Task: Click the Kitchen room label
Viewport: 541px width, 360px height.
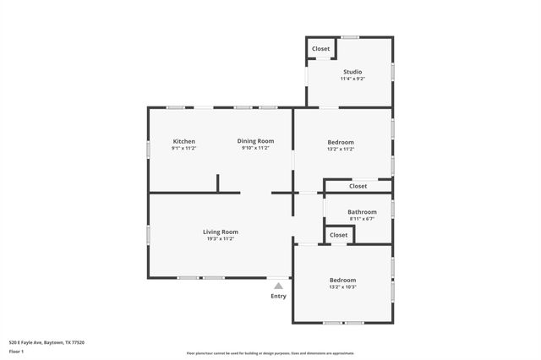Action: click(184, 141)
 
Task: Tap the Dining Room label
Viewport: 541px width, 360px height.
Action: click(255, 141)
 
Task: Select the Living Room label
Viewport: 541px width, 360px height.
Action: click(220, 232)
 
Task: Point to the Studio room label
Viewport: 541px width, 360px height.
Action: click(352, 72)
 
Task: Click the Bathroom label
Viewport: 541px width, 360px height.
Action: click(362, 212)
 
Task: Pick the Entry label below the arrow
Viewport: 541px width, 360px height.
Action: click(278, 296)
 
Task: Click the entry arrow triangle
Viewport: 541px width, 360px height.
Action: click(278, 286)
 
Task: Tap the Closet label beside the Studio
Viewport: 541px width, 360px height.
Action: click(320, 49)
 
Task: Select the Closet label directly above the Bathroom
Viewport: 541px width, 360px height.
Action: click(358, 186)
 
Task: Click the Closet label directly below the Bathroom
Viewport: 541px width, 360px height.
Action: click(338, 235)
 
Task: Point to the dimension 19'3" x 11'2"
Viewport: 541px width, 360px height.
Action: click(220, 239)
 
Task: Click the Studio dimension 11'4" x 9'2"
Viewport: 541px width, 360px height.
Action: click(352, 79)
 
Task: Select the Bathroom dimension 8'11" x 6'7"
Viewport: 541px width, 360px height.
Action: click(362, 219)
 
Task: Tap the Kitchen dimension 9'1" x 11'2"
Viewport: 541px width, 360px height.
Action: click(184, 149)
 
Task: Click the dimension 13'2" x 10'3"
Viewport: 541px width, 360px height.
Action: click(342, 287)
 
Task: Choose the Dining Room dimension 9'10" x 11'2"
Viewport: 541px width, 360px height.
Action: click(255, 149)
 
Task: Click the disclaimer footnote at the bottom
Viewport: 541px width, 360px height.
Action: click(270, 353)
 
